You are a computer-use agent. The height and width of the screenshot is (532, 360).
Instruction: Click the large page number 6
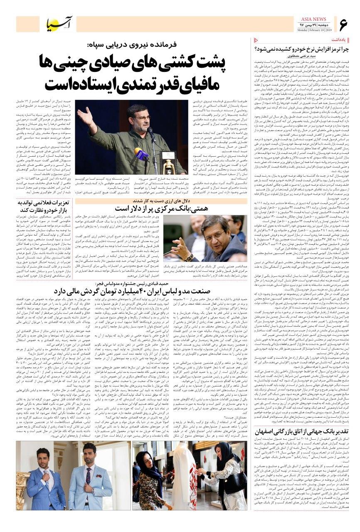tap(343, 25)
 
